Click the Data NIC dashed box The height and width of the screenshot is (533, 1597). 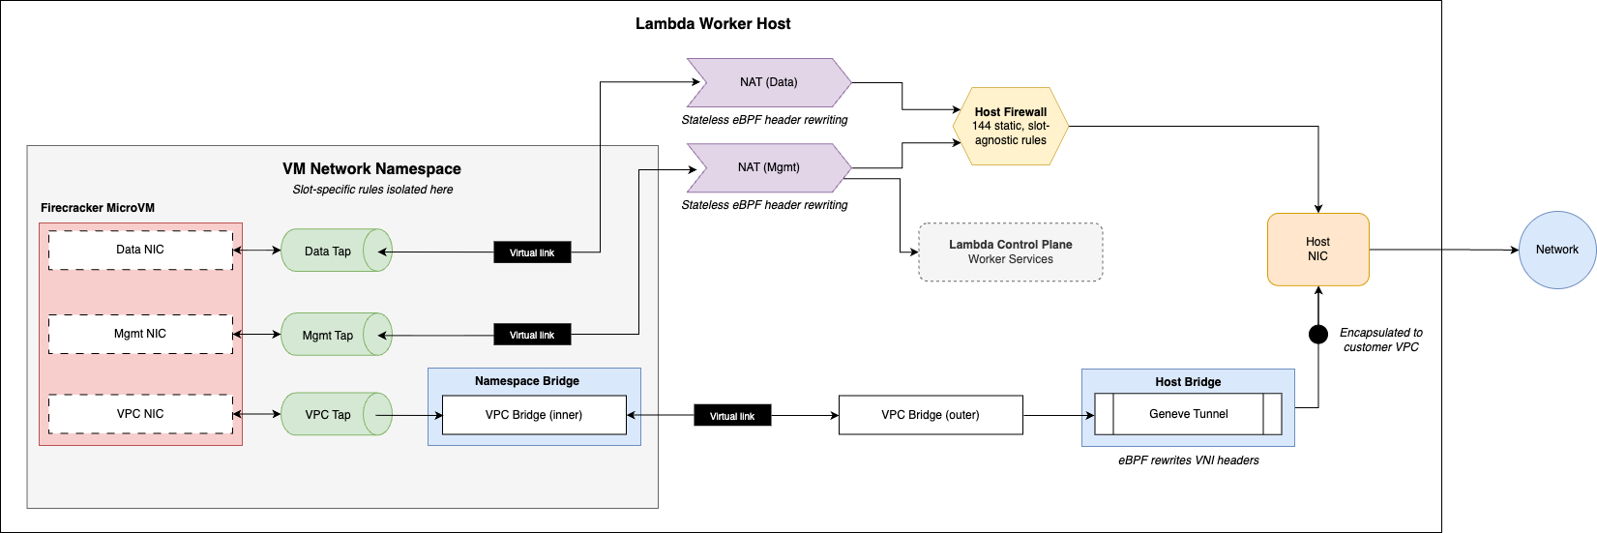[x=140, y=250]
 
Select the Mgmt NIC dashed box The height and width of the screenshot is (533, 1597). [x=140, y=334]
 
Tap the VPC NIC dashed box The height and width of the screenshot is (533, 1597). [x=140, y=414]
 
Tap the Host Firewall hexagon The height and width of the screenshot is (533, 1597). [x=1010, y=126]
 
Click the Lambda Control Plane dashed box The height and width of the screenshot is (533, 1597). [x=1010, y=252]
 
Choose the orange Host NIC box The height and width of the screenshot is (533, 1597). [x=1317, y=250]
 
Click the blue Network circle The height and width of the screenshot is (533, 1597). [x=1556, y=250]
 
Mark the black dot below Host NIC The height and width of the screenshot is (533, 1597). [x=1317, y=335]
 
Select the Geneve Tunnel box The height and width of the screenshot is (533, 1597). [x=1188, y=414]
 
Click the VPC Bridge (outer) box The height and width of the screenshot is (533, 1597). [x=930, y=415]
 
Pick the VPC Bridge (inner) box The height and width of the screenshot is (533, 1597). [x=534, y=415]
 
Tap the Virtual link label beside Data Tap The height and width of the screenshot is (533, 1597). [x=532, y=252]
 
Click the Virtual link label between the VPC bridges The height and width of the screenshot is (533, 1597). [x=732, y=416]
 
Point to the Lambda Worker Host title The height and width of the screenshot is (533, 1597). [x=713, y=24]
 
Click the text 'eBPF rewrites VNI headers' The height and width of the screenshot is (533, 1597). [x=1188, y=460]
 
